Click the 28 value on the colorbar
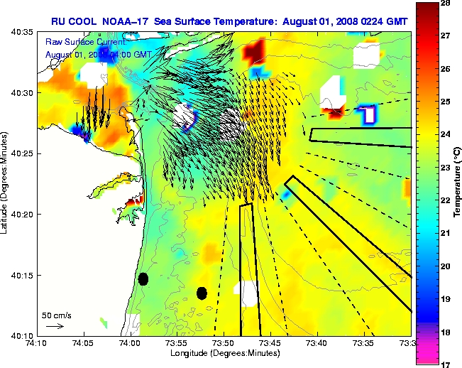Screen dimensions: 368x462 pyautogui.click(x=446, y=4)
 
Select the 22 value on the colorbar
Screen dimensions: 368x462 pyautogui.click(x=446, y=201)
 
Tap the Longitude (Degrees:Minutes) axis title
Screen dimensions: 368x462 pyautogui.click(x=224, y=353)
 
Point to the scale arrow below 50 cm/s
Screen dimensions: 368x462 pyautogui.click(x=55, y=326)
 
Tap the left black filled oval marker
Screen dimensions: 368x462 pyautogui.click(x=143, y=278)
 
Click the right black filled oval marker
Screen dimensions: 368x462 pyautogui.click(x=202, y=293)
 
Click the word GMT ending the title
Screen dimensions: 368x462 pyautogui.click(x=397, y=21)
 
